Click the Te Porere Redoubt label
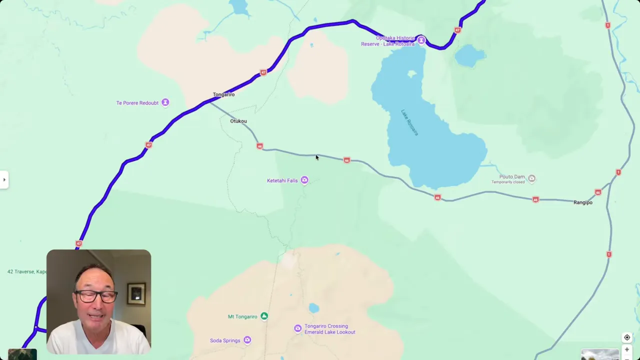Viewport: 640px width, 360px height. tap(137, 103)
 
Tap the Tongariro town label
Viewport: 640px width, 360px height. tap(223, 94)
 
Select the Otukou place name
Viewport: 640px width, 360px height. tap(238, 121)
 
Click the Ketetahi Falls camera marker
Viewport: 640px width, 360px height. tap(304, 180)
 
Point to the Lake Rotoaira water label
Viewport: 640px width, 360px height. tap(409, 122)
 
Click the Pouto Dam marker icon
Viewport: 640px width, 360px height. tap(531, 178)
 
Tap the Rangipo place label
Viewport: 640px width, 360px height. tap(583, 202)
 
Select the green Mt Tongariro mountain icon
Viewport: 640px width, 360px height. tap(264, 316)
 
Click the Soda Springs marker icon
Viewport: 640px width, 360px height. tap(247, 340)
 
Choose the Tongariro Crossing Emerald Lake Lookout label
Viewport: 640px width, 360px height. tap(329, 329)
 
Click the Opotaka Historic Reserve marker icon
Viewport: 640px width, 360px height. tap(421, 40)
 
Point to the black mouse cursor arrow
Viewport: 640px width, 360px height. tap(316, 157)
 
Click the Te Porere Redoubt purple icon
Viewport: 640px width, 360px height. tap(165, 103)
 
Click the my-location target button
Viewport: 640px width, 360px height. tap(627, 337)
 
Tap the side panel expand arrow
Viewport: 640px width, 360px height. tap(4, 179)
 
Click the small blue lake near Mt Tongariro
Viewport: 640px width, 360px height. tap(313, 308)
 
